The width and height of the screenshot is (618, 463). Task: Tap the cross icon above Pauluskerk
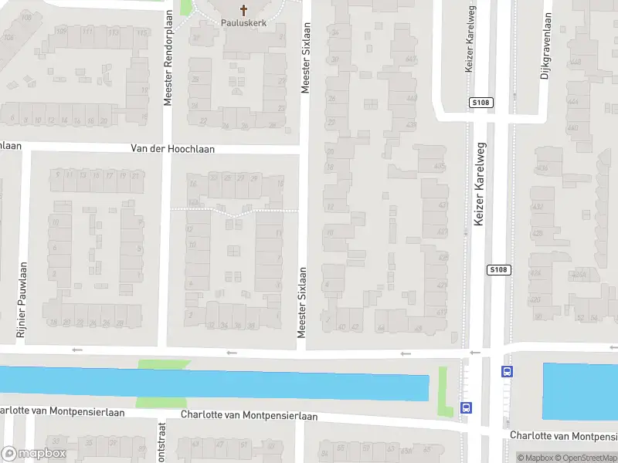pos(244,10)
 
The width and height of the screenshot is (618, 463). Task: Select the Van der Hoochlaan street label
pos(172,149)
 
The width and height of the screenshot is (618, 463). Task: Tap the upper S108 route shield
pos(481,102)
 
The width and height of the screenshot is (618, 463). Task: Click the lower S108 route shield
pos(498,269)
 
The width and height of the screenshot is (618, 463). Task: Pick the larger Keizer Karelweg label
pos(479,189)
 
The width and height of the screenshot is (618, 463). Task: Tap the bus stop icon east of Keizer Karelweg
pos(507,370)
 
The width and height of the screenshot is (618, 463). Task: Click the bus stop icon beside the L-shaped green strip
pos(466,407)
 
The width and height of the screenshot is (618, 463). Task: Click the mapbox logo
pos(33,454)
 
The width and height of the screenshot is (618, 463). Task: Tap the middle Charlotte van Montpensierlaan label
pos(249,415)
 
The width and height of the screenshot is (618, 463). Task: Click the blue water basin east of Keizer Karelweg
pos(579,391)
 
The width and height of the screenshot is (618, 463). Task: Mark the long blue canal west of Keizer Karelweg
pos(216,384)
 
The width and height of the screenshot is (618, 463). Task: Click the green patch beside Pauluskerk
pos(185,7)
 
